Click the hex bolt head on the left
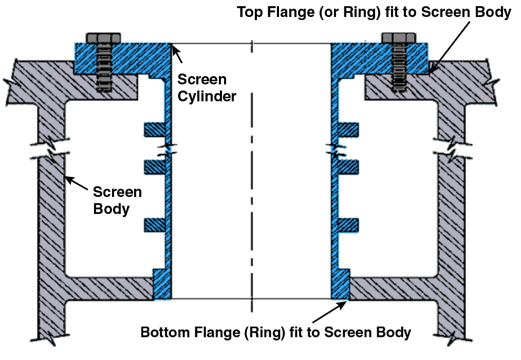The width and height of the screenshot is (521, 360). pos(104,38)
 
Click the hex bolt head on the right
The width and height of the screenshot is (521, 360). pos(399,38)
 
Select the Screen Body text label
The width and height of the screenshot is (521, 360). pos(117,201)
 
